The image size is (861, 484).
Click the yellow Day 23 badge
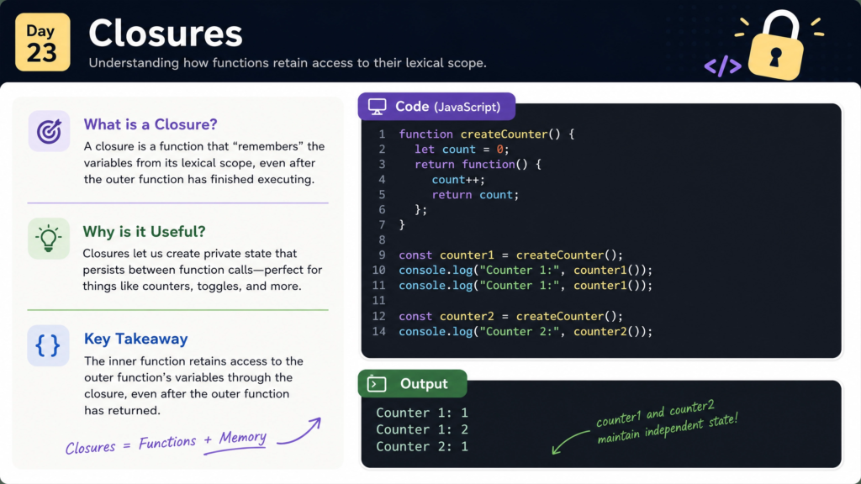coord(43,42)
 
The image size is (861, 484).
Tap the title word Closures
coord(166,34)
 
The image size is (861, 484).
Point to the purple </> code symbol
coord(722,66)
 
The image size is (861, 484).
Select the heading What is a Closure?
coord(151,124)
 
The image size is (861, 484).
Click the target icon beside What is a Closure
coord(49,131)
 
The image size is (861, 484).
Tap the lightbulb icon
coord(48,238)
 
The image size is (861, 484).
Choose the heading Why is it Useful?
coord(144,232)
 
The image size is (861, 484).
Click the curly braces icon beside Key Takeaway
coord(48,345)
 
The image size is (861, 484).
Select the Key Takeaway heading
coord(135,339)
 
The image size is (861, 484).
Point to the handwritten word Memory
coord(243,437)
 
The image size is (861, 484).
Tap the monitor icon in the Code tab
coord(378,107)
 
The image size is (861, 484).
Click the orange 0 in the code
coord(499,150)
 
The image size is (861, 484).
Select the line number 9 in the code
coord(382,255)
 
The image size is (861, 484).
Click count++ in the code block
coord(458,180)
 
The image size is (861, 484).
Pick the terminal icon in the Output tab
coord(377,383)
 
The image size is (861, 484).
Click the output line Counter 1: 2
coord(422,429)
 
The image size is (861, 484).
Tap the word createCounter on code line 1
coord(504,134)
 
